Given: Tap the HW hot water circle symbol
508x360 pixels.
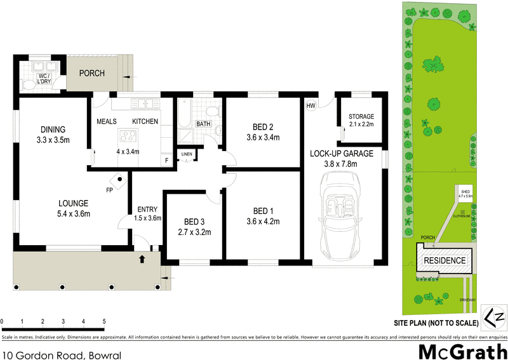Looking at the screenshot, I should [x=311, y=106].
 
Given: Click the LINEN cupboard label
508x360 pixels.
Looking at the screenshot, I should [x=187, y=154].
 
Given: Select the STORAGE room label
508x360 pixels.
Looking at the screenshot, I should [x=361, y=117].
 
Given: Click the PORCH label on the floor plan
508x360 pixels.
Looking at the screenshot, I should [x=91, y=73].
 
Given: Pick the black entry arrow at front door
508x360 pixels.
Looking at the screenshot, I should [x=142, y=258].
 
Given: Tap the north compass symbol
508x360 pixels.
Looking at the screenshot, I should [x=493, y=316].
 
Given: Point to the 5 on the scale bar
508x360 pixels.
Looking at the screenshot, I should [x=104, y=322].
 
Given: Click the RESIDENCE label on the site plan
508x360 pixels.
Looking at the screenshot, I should [x=444, y=261].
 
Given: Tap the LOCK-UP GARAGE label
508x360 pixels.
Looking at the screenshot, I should [x=342, y=154].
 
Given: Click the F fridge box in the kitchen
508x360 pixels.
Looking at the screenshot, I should [x=167, y=161].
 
